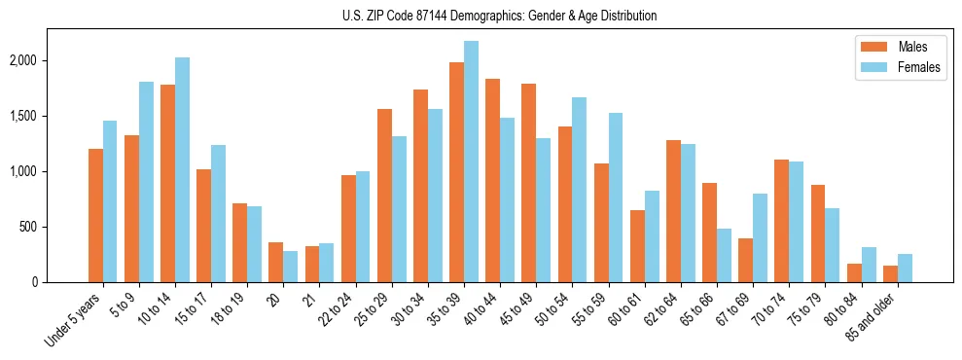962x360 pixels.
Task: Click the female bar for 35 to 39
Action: [x=471, y=162]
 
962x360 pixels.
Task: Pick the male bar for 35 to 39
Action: [x=456, y=172]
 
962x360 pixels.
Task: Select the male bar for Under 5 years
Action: [x=95, y=215]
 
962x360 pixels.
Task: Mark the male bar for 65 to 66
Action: [x=709, y=233]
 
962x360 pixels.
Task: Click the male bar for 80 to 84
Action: [x=854, y=272]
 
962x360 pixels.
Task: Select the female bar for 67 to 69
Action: [x=760, y=237]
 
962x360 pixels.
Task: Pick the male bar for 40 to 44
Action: [x=492, y=180]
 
